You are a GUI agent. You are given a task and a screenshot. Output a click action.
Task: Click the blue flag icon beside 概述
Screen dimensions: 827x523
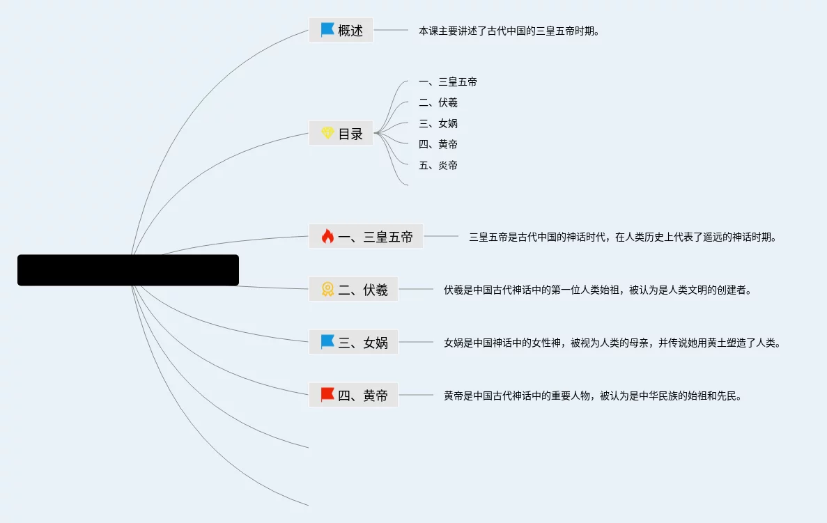click(x=327, y=30)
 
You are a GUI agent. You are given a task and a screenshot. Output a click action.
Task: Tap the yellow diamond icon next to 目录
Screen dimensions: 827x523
click(x=327, y=133)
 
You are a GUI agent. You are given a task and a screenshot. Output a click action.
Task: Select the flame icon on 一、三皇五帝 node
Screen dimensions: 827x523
click(x=327, y=236)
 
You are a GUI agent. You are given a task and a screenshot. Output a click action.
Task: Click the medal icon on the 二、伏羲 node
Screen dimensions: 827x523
click(x=327, y=289)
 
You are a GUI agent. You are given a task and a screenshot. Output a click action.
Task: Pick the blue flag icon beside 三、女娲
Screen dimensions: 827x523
click(x=327, y=342)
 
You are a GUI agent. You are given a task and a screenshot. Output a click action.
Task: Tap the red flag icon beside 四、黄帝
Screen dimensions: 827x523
click(x=327, y=395)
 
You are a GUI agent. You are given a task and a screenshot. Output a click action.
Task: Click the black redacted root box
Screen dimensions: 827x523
click(x=128, y=270)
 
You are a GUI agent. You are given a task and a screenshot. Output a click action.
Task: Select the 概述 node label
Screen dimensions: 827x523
click(x=350, y=31)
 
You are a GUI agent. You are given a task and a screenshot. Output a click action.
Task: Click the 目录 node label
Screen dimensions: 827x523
click(x=350, y=134)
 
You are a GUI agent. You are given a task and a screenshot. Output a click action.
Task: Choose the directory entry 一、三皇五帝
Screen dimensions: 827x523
click(x=448, y=82)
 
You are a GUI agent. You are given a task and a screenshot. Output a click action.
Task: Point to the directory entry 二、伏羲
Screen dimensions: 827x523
click(x=438, y=103)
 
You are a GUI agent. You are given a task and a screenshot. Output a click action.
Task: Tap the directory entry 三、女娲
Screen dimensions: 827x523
click(x=438, y=124)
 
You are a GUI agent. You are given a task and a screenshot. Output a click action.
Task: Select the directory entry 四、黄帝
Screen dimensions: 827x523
click(x=438, y=145)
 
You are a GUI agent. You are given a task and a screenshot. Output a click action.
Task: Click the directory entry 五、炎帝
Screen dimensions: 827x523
click(x=438, y=166)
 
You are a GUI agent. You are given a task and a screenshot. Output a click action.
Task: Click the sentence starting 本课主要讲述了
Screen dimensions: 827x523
click(x=509, y=31)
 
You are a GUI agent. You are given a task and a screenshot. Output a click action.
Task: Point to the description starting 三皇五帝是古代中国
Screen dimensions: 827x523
click(x=622, y=237)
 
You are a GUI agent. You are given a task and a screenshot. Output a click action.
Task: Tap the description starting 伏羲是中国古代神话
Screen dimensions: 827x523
click(x=598, y=290)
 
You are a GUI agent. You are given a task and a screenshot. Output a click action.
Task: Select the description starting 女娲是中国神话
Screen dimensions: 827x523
click(x=612, y=343)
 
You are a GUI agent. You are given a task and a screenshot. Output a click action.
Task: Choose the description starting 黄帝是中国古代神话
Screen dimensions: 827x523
click(x=593, y=396)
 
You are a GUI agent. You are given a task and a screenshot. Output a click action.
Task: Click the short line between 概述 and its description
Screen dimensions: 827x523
click(x=391, y=30)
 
